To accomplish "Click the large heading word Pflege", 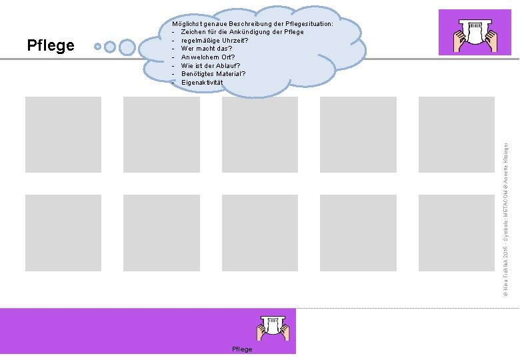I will tap(51, 45).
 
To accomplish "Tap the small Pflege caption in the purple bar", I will tap(242, 349).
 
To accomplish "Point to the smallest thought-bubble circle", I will tap(98, 47).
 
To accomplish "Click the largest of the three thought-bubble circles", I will tap(127, 47).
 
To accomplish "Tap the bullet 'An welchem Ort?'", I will tap(207, 57).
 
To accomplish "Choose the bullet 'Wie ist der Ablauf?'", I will tap(210, 65).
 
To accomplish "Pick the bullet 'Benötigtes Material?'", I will tap(213, 74).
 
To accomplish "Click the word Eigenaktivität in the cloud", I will tap(202, 83).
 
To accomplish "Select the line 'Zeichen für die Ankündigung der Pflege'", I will tap(242, 32).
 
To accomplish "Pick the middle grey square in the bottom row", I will tap(259, 232).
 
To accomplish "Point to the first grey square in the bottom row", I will tap(63, 232).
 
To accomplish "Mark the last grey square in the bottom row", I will tap(456, 232).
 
